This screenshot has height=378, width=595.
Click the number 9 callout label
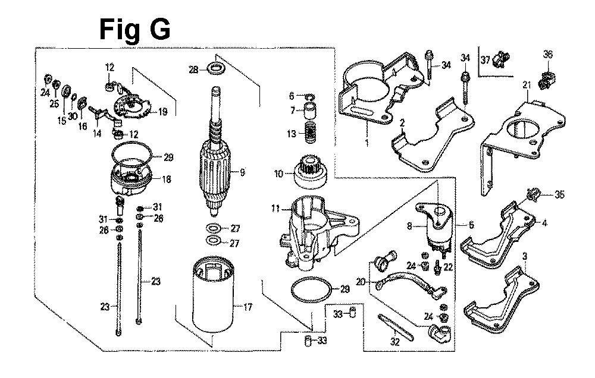242,174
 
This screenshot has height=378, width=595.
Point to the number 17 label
248,307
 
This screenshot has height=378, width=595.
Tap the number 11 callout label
274,209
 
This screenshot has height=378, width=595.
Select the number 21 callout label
527,86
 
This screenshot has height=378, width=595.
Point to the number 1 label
367,143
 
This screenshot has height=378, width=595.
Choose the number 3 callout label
525,256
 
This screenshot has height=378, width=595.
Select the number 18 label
167,179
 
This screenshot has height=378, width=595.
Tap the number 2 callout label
403,122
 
